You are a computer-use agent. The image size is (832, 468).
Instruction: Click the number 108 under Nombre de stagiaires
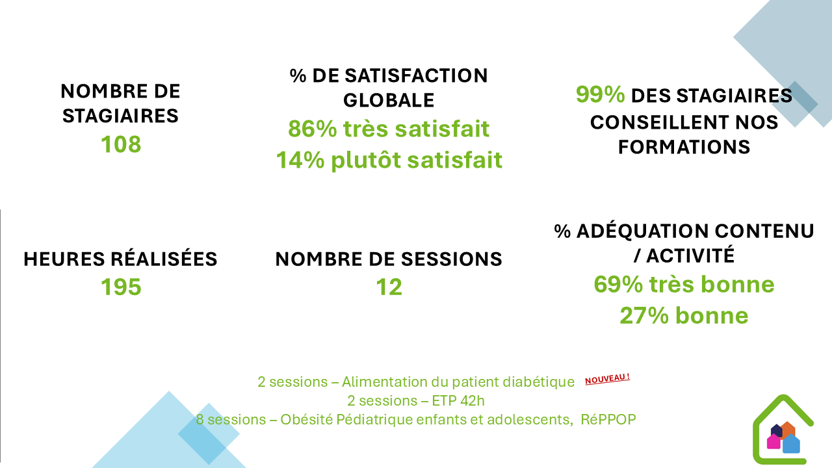coord(121,144)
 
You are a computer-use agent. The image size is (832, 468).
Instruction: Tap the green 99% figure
coord(600,94)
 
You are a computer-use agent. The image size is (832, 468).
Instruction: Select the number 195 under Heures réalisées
coord(121,287)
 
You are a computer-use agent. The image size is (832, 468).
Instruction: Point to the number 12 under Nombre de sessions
coord(389,287)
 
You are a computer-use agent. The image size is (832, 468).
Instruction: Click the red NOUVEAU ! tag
coord(607,379)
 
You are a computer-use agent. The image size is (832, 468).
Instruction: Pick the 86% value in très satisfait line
coord(313,129)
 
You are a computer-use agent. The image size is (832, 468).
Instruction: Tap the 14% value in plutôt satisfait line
coord(300,160)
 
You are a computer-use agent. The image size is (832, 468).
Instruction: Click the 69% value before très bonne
coord(618,285)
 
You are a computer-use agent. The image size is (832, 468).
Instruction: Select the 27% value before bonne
coord(644,316)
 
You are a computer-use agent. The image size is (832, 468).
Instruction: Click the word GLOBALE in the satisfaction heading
coord(389,100)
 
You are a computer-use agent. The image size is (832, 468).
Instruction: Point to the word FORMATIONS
coord(684,147)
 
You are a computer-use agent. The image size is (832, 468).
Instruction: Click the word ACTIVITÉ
coord(690,255)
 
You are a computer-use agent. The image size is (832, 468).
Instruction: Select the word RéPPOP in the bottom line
coord(608,419)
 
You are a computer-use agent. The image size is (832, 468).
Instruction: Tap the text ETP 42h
coord(458,401)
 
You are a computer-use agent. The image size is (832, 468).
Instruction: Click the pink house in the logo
coord(773,441)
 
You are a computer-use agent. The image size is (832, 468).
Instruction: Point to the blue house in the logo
coord(791,443)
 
